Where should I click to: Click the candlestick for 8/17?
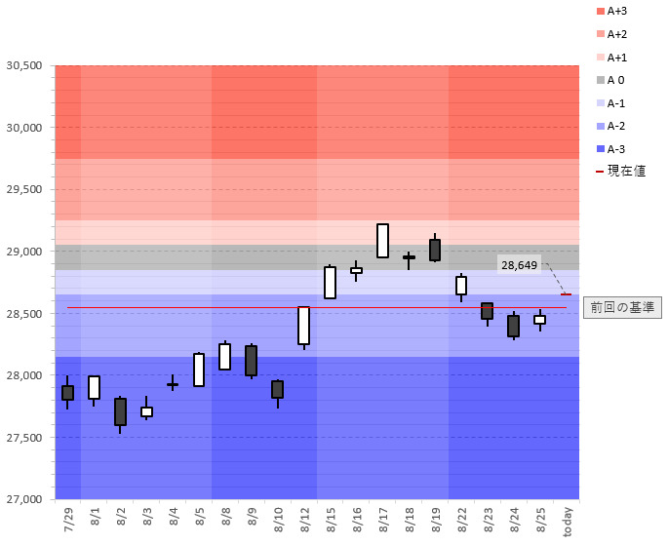383,241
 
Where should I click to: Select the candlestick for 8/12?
304,326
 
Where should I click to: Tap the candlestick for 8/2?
120,411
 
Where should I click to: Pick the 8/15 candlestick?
331,282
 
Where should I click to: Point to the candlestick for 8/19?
435,250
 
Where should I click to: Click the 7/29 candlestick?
67,392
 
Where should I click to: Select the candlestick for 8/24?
514,326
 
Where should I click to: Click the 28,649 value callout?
520,264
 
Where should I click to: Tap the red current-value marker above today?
567,293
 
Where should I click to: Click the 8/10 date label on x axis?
279,518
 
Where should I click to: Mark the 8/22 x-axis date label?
463,518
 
